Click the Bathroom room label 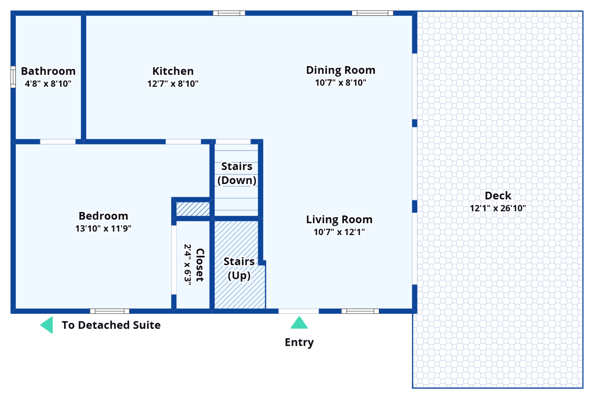click(x=48, y=71)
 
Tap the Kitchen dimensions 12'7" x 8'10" click(x=173, y=84)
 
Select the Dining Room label click(x=341, y=70)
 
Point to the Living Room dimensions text click(x=339, y=232)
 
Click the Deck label click(x=498, y=196)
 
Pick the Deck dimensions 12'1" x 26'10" click(x=498, y=208)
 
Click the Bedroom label click(x=103, y=216)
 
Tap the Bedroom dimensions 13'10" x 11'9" click(x=103, y=228)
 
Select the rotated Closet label click(x=200, y=265)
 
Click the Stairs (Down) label click(x=237, y=173)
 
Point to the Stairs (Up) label click(x=239, y=268)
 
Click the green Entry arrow click(x=299, y=323)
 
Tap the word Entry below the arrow click(x=299, y=342)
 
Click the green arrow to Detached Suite click(x=48, y=325)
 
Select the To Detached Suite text click(x=111, y=325)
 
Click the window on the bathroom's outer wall click(x=13, y=77)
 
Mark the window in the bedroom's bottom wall click(x=110, y=311)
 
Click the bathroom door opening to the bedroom click(x=58, y=142)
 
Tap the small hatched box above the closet click(x=193, y=209)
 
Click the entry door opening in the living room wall click(x=298, y=311)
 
